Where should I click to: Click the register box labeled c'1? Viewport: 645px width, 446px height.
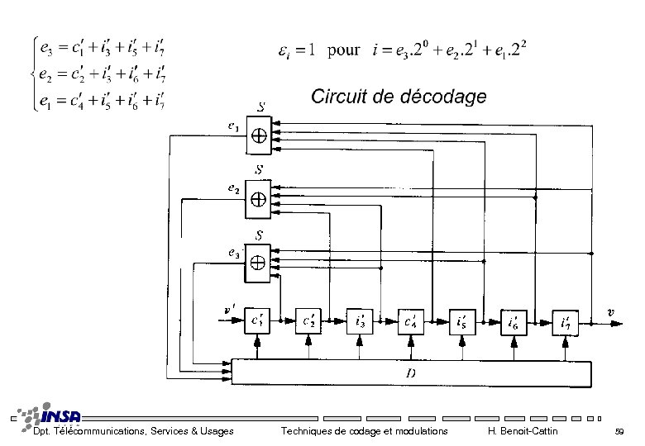[258, 320]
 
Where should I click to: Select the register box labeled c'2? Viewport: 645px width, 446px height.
[309, 320]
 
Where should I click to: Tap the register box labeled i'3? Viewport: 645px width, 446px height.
[361, 320]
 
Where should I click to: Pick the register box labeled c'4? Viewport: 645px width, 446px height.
[411, 320]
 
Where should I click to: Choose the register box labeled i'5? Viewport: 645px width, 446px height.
[462, 320]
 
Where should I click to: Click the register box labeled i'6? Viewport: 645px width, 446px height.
[514, 320]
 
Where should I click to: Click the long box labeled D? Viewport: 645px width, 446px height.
[412, 372]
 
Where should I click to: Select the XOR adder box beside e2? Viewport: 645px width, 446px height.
[259, 199]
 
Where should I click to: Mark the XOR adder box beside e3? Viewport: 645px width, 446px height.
[259, 262]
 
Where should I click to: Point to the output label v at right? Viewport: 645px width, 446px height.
[610, 312]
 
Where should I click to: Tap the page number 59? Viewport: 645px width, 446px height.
[619, 431]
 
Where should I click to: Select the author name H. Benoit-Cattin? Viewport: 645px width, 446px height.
[523, 431]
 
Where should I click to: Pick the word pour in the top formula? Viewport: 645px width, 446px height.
[343, 50]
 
